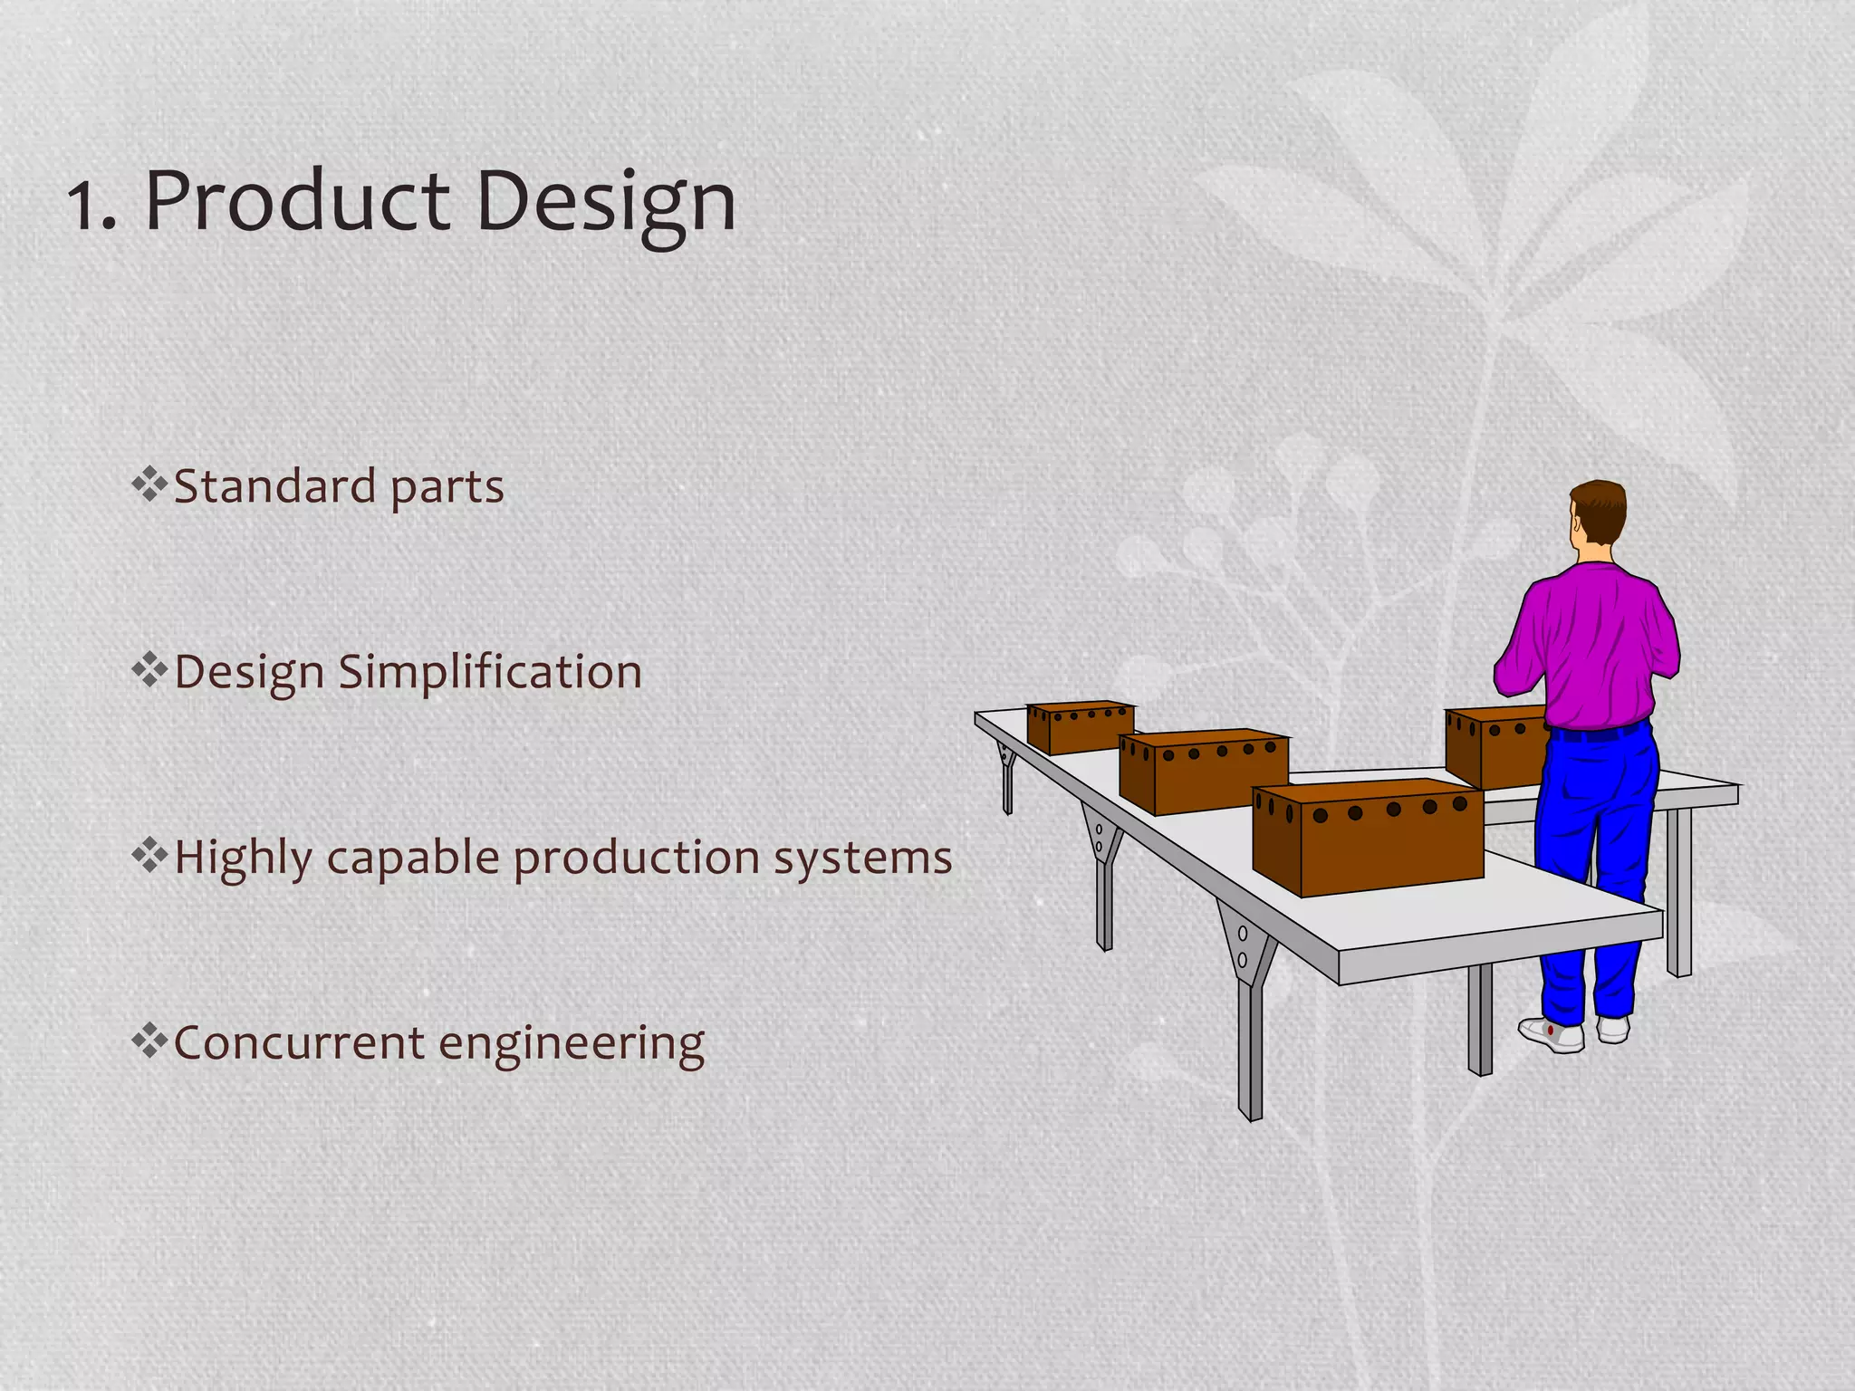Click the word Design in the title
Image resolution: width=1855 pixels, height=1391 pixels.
click(x=605, y=203)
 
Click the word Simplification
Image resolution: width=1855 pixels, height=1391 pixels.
click(x=490, y=673)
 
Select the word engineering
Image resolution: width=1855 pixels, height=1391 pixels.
click(x=572, y=1044)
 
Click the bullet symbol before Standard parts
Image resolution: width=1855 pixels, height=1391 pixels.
click(x=149, y=484)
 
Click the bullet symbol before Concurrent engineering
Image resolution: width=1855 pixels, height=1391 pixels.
click(x=149, y=1041)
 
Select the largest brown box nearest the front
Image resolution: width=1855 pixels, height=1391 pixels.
click(x=1368, y=838)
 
